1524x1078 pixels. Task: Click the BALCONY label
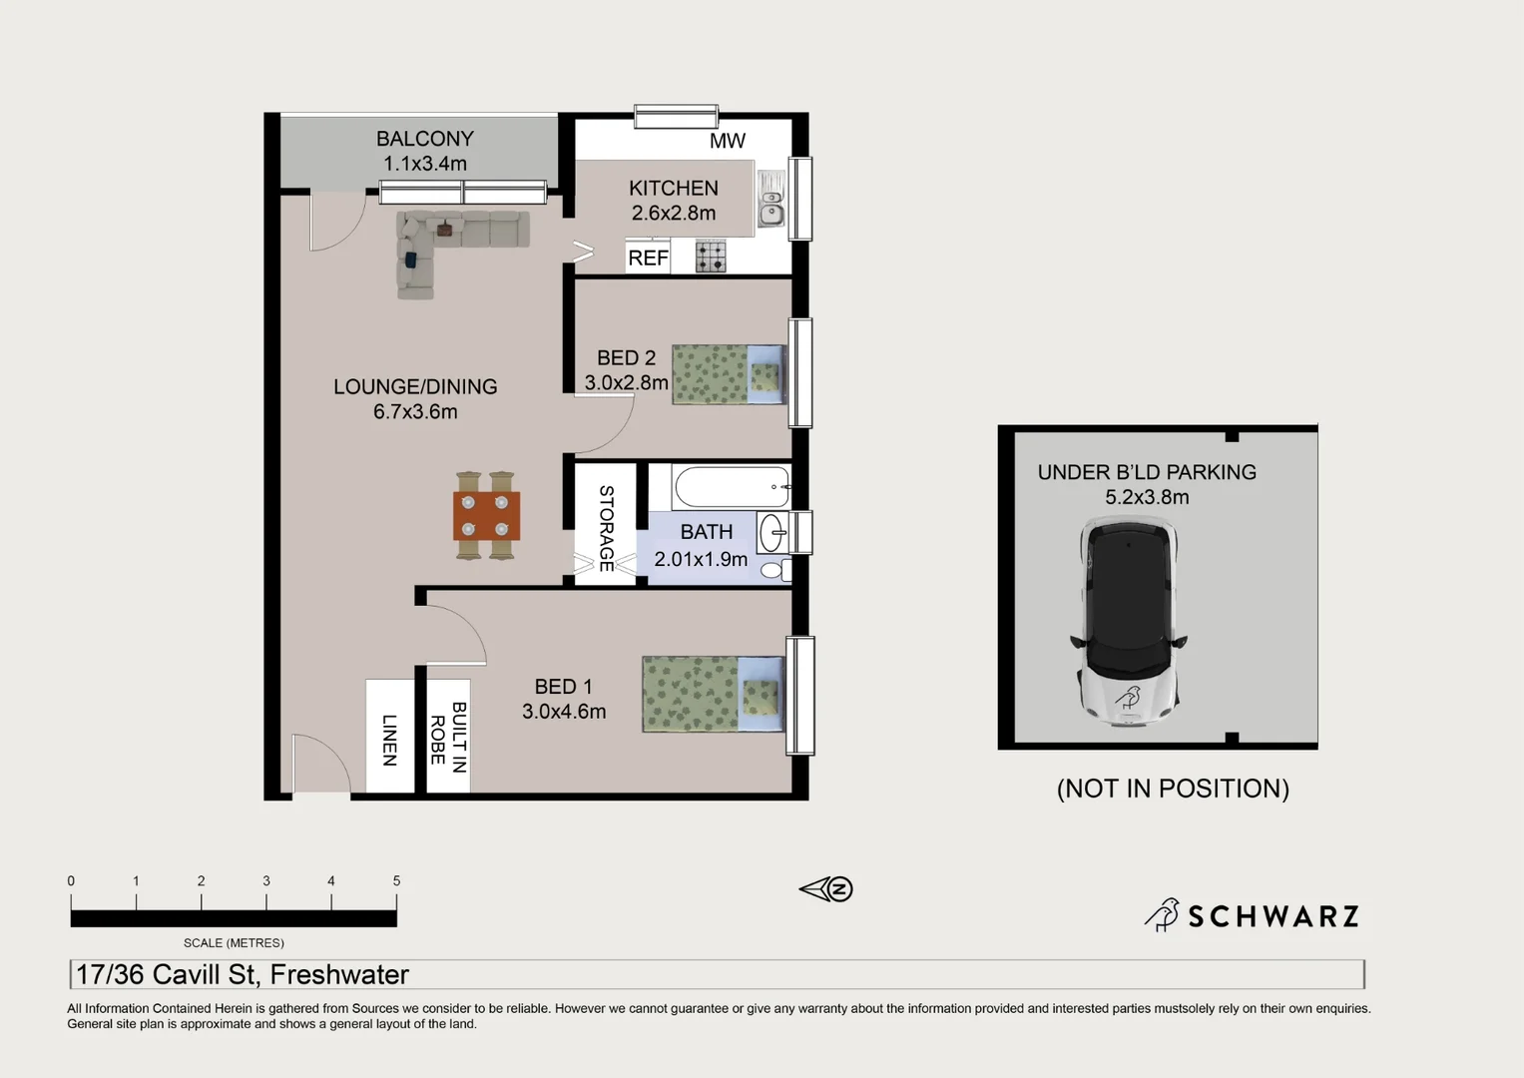tap(424, 139)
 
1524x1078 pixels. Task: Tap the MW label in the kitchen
tap(727, 141)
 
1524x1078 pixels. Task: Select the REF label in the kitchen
tap(648, 259)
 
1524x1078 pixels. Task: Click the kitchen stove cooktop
tap(711, 257)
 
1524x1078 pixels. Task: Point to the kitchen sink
tap(771, 200)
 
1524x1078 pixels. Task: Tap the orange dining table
tap(486, 515)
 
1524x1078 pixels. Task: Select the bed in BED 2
tap(729, 375)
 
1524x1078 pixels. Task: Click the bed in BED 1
tap(712, 694)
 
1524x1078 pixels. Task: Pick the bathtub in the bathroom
tap(732, 487)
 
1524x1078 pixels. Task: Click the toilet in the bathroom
tap(773, 570)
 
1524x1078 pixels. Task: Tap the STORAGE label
tap(606, 528)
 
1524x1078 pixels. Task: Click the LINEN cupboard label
tap(390, 740)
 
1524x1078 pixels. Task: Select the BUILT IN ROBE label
tap(448, 737)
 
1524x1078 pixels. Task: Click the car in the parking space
tap(1129, 621)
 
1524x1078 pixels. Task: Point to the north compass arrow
tap(825, 889)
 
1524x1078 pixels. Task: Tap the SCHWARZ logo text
tap(1273, 916)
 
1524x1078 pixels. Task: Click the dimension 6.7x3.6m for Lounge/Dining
tap(415, 411)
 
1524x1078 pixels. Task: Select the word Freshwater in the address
tap(339, 974)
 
